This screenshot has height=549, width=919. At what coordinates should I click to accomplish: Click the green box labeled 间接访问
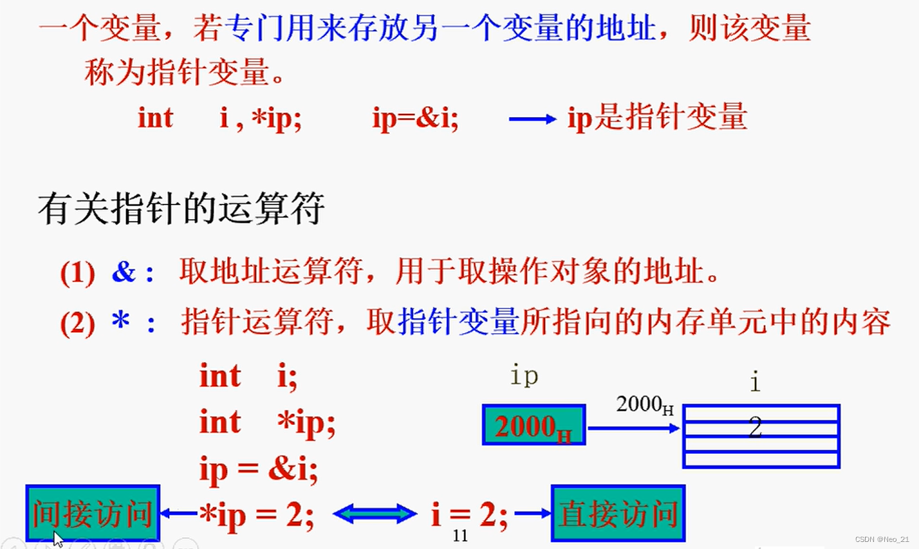pyautogui.click(x=93, y=513)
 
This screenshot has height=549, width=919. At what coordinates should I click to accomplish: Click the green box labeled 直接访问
pyautogui.click(x=618, y=513)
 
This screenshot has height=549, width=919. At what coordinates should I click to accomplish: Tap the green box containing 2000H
pyautogui.click(x=534, y=425)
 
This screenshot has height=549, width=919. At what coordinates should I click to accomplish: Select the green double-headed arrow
pyautogui.click(x=375, y=514)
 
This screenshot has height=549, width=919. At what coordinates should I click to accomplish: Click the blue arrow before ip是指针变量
pyautogui.click(x=532, y=119)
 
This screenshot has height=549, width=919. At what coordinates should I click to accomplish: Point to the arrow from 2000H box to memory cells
pyautogui.click(x=633, y=428)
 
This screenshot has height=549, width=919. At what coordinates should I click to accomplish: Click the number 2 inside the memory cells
pyautogui.click(x=756, y=427)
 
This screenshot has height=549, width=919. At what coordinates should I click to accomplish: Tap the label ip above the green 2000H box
pyautogui.click(x=524, y=375)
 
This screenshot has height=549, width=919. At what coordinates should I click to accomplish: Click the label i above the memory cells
pyautogui.click(x=756, y=382)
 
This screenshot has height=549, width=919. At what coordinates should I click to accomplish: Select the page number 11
pyautogui.click(x=460, y=535)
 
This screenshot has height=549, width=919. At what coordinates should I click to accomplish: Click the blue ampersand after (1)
pyautogui.click(x=124, y=273)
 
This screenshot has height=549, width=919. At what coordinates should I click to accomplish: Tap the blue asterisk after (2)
pyautogui.click(x=120, y=320)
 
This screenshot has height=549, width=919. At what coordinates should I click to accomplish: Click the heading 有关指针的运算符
pyautogui.click(x=181, y=208)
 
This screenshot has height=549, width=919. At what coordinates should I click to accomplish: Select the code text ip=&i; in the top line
pyautogui.click(x=415, y=118)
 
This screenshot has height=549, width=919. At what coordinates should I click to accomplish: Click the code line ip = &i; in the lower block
pyautogui.click(x=259, y=469)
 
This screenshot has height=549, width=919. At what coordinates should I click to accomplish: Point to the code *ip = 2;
pyautogui.click(x=257, y=515)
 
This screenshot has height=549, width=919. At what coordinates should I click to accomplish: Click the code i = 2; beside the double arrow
pyautogui.click(x=469, y=515)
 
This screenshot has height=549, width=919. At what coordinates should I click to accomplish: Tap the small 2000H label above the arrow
pyautogui.click(x=644, y=405)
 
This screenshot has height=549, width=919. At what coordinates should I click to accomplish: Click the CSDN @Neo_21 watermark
pyautogui.click(x=882, y=539)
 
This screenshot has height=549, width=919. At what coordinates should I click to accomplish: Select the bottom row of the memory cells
pyautogui.click(x=761, y=460)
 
